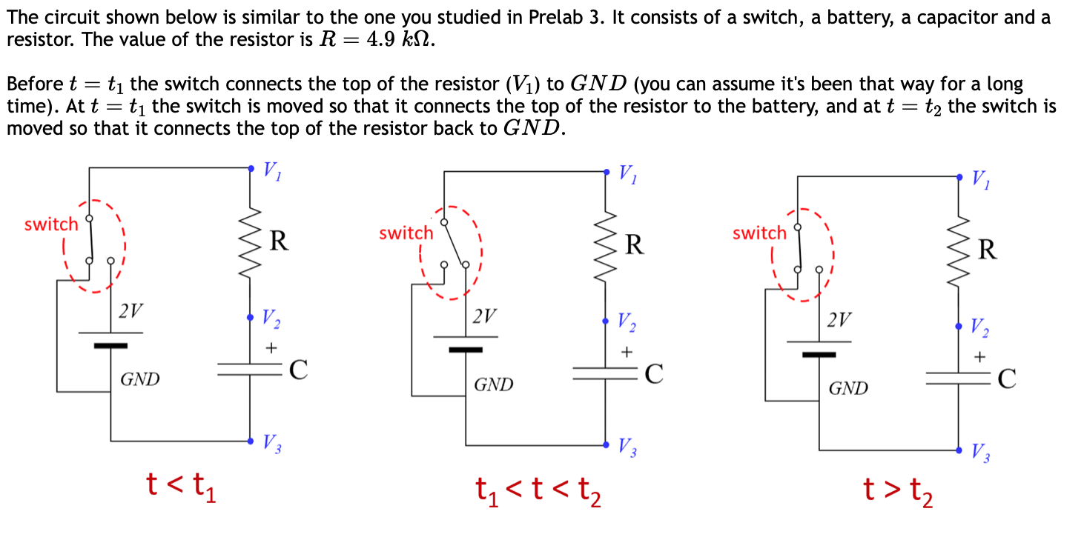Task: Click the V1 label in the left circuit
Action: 272,172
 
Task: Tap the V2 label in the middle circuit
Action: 627,323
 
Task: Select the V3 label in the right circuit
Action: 980,452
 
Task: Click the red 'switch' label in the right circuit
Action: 759,233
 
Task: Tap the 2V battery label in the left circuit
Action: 131,311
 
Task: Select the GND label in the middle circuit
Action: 494,385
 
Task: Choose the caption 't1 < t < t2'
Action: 538,490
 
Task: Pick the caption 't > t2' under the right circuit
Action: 897,491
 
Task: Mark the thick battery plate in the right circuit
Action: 819,355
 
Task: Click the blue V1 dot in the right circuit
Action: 962,177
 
